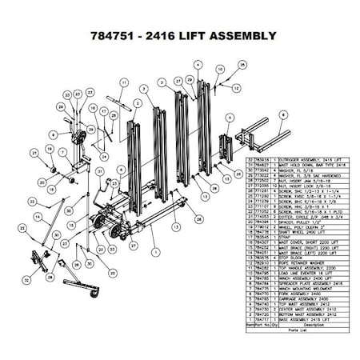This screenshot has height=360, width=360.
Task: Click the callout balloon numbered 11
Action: pos(125,82)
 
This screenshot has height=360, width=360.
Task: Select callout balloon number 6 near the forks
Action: pos(282,114)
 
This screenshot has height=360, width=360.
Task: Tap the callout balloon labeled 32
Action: pos(26,280)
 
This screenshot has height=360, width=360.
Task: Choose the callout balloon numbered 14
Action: pos(38,216)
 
